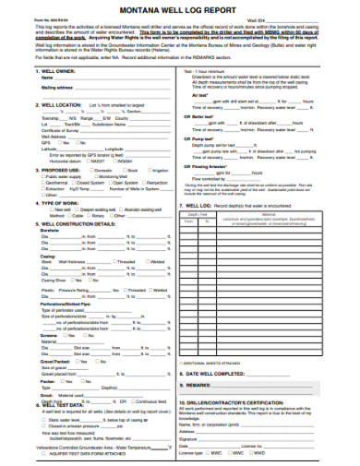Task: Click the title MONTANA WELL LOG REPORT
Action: [180, 8]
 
